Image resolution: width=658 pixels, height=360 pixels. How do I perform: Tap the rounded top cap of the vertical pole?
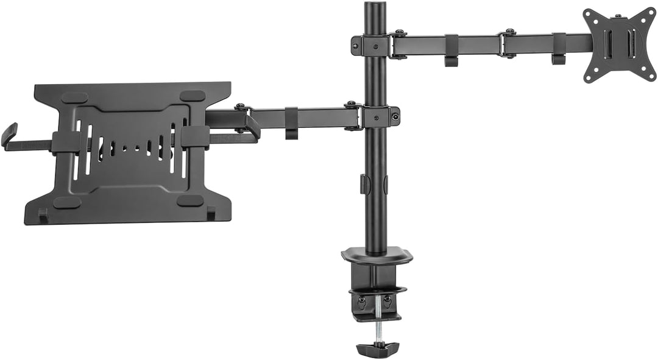tap(375, 7)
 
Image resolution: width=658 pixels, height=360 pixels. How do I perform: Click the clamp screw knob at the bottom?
tap(377, 349)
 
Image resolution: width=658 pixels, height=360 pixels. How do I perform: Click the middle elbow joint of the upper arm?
tap(507, 44)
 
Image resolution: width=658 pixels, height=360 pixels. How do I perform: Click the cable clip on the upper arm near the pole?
tap(451, 52)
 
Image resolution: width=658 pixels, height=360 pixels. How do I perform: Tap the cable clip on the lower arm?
tap(291, 123)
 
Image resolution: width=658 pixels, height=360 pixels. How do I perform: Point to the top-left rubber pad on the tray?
tap(75, 97)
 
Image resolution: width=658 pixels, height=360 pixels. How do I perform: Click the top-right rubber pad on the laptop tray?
tap(193, 96)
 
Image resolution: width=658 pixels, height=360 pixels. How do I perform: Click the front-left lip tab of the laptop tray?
tap(43, 215)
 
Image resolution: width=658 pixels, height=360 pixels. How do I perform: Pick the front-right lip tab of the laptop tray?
tap(211, 214)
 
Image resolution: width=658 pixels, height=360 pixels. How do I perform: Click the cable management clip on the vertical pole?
tap(364, 185)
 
